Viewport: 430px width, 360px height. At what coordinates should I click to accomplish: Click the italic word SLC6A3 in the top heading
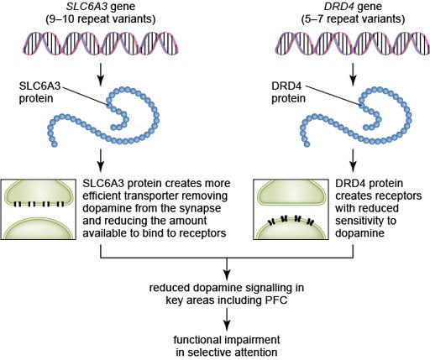pyautogui.click(x=87, y=7)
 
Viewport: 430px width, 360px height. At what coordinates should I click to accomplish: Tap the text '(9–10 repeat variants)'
pyautogui.click(x=101, y=19)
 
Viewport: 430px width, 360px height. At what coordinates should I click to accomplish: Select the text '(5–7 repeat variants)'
pyautogui.click(x=353, y=19)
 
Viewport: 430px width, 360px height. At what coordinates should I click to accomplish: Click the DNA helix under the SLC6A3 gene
pyautogui.click(x=101, y=44)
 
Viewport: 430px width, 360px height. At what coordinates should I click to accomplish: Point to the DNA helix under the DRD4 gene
pyautogui.click(x=353, y=44)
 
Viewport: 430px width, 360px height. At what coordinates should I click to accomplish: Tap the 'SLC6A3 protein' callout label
pyautogui.click(x=39, y=92)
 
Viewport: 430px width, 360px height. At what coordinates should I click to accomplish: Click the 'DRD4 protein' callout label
pyautogui.click(x=288, y=92)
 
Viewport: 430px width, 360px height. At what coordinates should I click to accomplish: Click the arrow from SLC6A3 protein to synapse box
pyautogui.click(x=101, y=160)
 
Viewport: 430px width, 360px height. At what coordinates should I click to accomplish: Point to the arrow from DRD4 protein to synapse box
pyautogui.click(x=353, y=160)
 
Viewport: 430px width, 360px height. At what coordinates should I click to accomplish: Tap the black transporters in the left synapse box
pyautogui.click(x=39, y=204)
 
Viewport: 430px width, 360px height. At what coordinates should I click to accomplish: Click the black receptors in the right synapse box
pyautogui.click(x=291, y=220)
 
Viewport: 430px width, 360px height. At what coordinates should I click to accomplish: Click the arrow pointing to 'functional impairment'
pyautogui.click(x=227, y=320)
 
